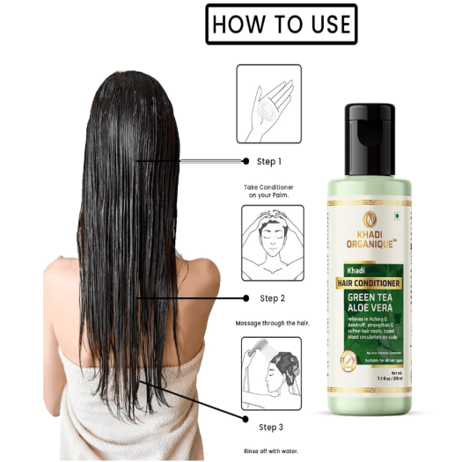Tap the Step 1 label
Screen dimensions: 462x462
click(x=269, y=162)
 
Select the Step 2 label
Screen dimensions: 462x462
click(x=271, y=298)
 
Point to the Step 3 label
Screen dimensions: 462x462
click(x=271, y=427)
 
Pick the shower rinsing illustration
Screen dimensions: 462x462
click(x=271, y=372)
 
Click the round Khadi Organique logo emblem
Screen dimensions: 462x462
click(x=370, y=220)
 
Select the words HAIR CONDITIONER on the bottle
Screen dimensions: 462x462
click(x=369, y=282)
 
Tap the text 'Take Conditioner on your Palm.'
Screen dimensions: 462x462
click(x=268, y=192)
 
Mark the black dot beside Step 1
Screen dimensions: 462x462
click(x=246, y=161)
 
